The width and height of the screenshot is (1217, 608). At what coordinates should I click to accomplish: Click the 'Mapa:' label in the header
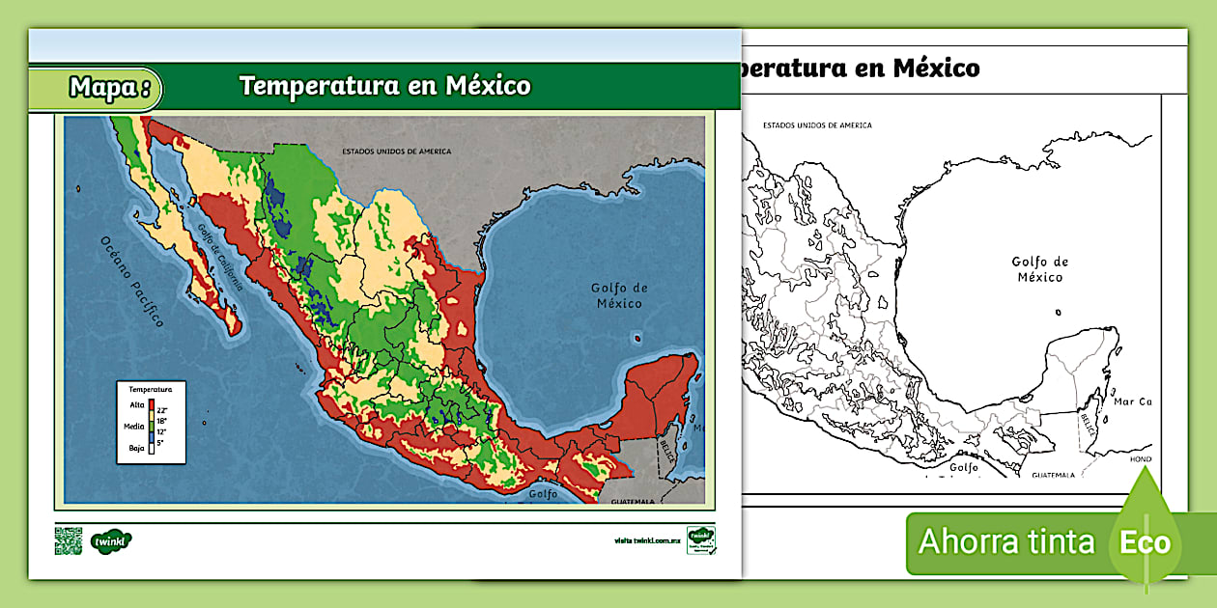[109, 88]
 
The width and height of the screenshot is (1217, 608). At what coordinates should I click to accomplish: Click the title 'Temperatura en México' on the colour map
[384, 86]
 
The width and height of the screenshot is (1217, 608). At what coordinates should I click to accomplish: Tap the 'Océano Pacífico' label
[129, 281]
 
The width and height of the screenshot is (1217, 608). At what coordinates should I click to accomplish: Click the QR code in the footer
[69, 540]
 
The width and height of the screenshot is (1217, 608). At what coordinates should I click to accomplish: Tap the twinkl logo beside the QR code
[111, 541]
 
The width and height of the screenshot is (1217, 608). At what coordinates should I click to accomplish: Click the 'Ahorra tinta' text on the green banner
[1005, 541]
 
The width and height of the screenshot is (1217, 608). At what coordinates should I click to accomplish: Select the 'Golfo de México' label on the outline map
[1039, 269]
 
